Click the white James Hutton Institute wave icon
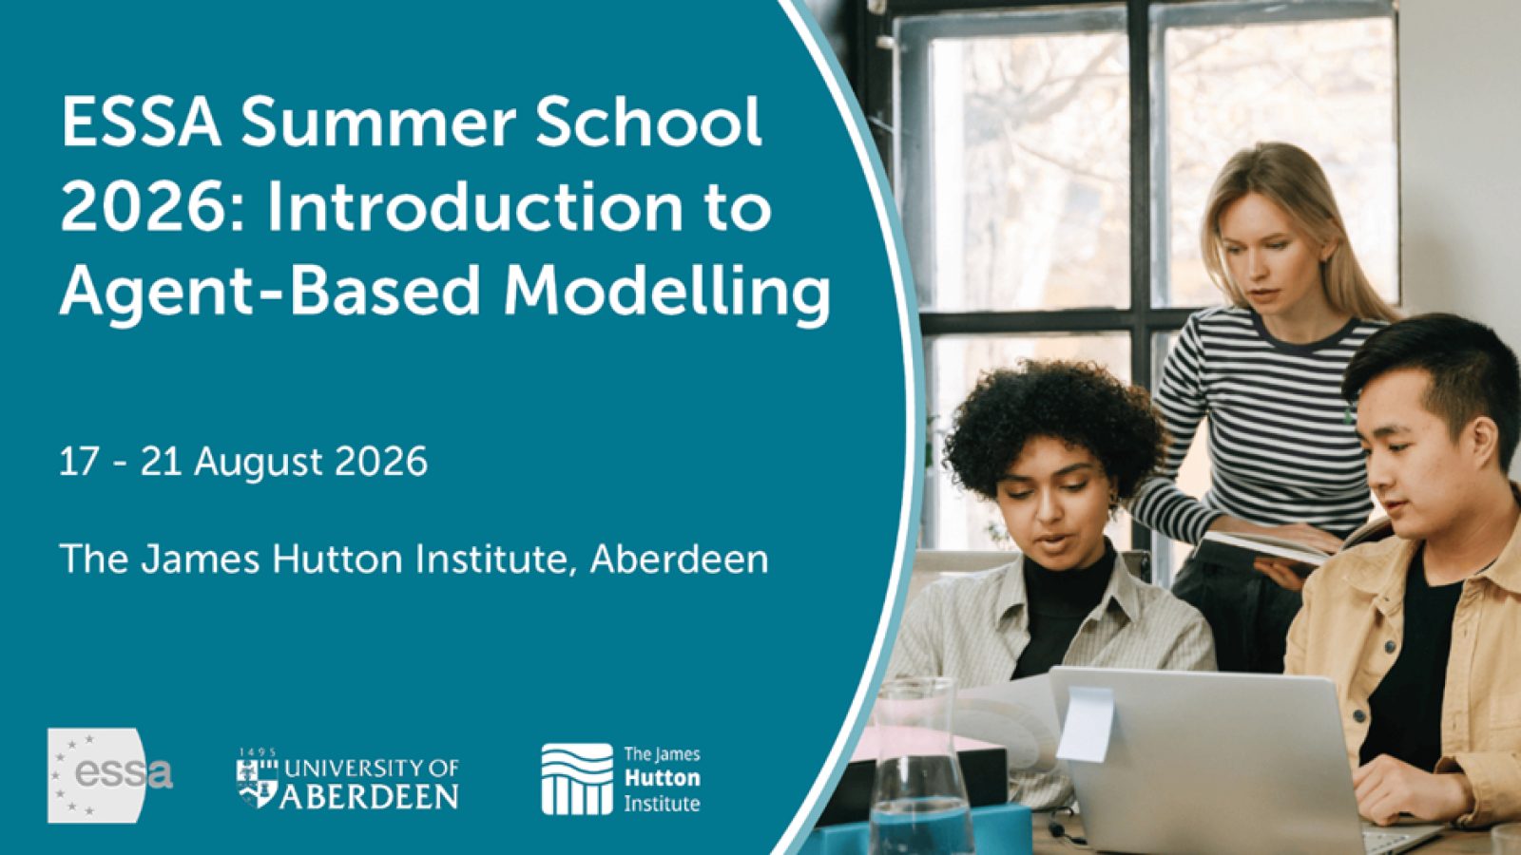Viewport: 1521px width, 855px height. (x=577, y=779)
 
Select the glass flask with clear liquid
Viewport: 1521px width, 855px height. (x=917, y=769)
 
